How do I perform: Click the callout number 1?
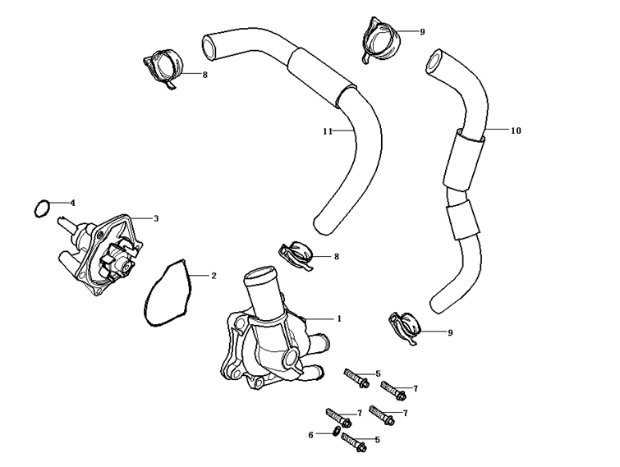point(339,318)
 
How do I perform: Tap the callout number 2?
point(214,276)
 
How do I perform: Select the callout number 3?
point(156,218)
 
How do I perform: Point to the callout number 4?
point(72,202)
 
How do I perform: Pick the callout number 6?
point(311,434)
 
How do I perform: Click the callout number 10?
point(516,130)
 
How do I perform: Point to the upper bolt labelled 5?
point(356,379)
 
